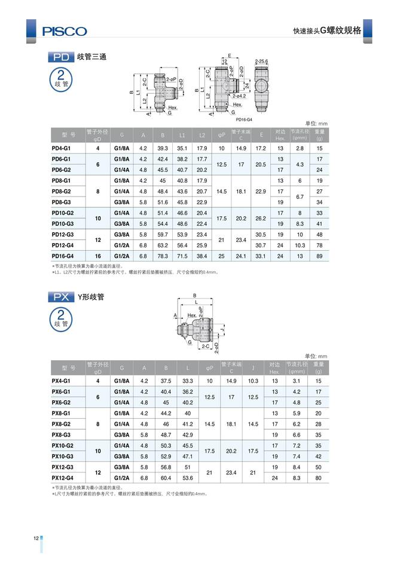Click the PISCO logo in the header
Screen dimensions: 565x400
(64, 30)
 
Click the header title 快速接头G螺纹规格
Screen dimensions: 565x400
(326, 30)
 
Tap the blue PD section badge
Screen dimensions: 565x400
(61, 57)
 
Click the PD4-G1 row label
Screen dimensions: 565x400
(62, 148)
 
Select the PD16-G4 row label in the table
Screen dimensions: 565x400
(63, 256)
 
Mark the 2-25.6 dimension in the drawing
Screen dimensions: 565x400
(261, 62)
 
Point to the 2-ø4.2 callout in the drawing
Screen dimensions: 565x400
(240, 96)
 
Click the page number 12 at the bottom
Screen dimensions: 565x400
(36, 539)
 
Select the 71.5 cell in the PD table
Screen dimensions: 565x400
(182, 256)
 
